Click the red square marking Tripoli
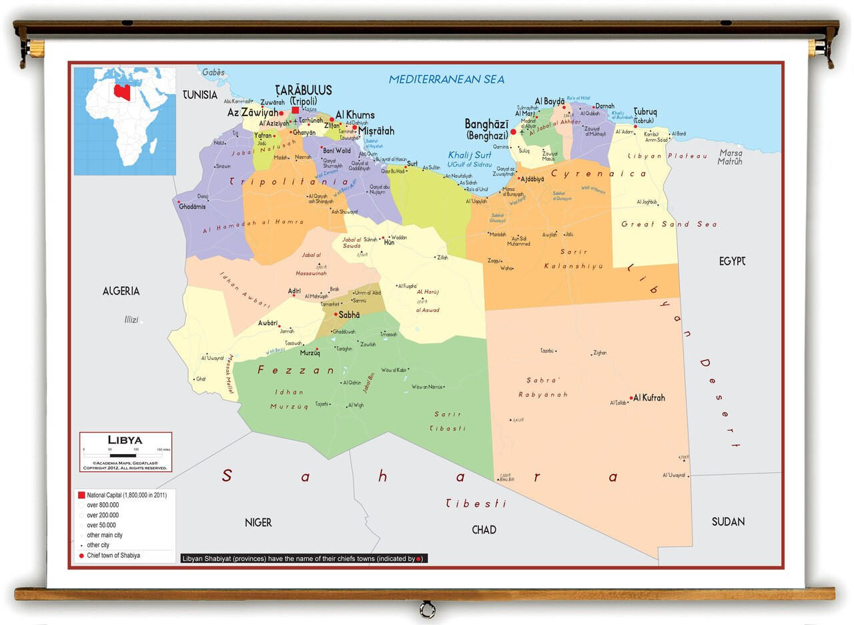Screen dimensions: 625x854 (x=295, y=110)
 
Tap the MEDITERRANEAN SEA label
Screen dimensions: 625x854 (x=446, y=79)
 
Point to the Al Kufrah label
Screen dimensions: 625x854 (x=649, y=398)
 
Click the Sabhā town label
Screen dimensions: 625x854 (x=349, y=315)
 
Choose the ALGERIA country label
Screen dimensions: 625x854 (x=121, y=290)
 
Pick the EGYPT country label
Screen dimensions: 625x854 (x=732, y=261)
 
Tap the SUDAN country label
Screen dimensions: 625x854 (x=727, y=522)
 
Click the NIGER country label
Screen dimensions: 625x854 (x=258, y=522)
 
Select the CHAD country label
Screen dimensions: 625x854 (x=484, y=530)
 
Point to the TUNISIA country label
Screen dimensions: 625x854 (x=200, y=95)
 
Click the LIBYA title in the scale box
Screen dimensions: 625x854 (x=125, y=440)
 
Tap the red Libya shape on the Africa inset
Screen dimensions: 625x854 (x=122, y=92)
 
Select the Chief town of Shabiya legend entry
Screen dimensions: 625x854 (x=113, y=556)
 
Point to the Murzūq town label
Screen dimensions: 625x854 (x=310, y=353)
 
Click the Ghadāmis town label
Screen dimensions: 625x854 (x=192, y=206)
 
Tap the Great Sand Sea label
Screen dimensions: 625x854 (x=669, y=224)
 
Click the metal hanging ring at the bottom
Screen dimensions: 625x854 (x=427, y=609)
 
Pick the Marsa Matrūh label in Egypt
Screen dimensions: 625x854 (x=730, y=157)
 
